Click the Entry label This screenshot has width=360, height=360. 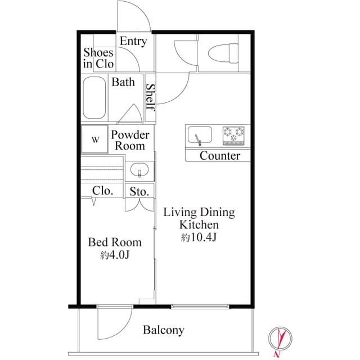(133, 41)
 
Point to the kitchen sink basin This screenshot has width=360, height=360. (199, 136)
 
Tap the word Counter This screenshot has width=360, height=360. (219, 156)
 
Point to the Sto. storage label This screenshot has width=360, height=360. (139, 192)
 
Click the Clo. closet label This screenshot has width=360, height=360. (102, 191)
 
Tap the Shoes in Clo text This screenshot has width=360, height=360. (98, 58)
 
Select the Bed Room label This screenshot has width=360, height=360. (115, 242)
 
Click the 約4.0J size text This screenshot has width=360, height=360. (115, 255)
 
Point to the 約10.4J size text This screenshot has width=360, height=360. (199, 237)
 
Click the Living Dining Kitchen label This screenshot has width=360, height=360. (199, 218)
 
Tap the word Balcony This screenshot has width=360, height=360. (163, 330)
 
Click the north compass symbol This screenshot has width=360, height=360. (280, 339)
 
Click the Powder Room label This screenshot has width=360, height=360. (130, 140)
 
